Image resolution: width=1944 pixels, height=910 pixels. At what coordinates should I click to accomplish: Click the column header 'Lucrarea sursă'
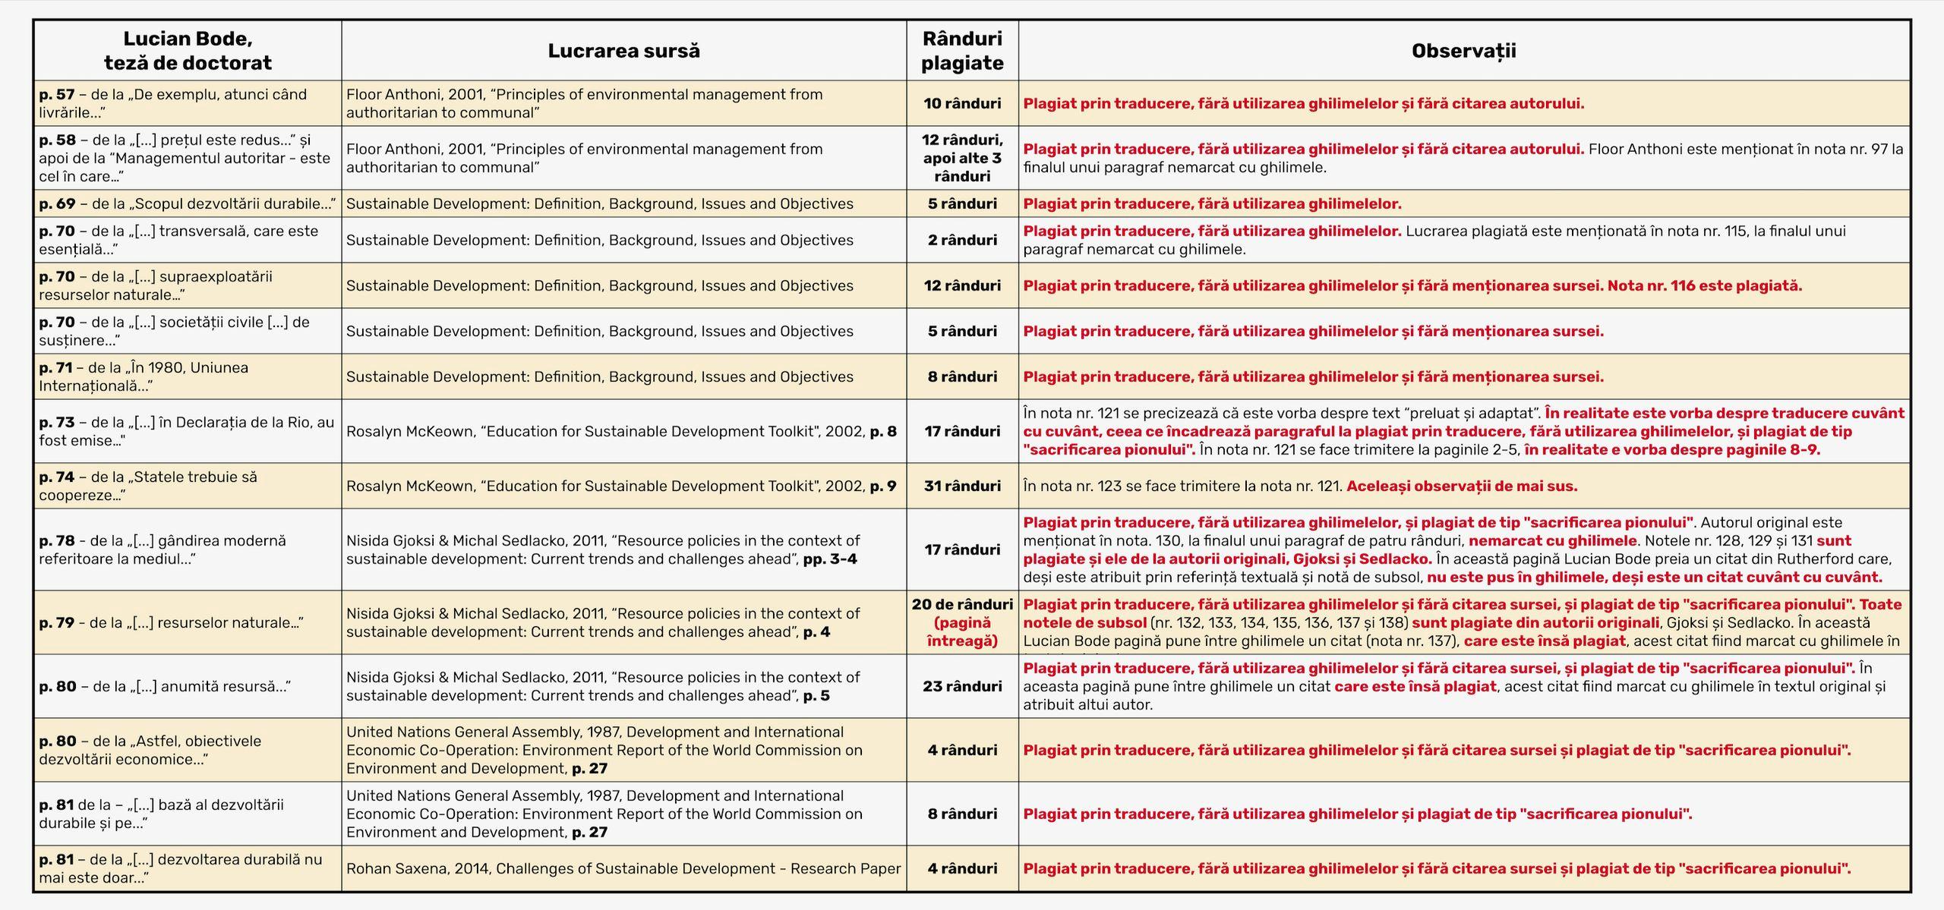[x=623, y=51]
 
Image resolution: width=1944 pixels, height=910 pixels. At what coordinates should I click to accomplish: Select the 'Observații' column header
[x=1463, y=51]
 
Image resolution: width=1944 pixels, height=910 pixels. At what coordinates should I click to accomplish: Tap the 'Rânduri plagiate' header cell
[x=962, y=51]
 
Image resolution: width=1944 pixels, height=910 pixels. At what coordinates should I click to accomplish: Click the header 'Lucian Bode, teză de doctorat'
[x=188, y=51]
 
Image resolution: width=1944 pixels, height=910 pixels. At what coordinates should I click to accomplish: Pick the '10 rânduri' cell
[x=962, y=103]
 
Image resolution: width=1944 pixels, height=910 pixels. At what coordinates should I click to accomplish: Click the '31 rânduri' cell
[x=962, y=486]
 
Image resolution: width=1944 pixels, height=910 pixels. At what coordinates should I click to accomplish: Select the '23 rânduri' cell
[x=962, y=686]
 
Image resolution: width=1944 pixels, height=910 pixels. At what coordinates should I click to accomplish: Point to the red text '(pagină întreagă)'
[x=962, y=631]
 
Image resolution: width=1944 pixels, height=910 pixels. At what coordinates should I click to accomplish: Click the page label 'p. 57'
[x=57, y=95]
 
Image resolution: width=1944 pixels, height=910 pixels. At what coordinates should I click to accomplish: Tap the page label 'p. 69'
[x=57, y=203]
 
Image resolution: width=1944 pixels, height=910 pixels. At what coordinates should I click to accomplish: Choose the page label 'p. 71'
[x=55, y=368]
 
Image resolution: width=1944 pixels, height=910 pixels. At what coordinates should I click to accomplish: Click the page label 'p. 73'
[x=57, y=423]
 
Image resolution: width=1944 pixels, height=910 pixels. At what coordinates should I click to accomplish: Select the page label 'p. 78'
[x=57, y=541]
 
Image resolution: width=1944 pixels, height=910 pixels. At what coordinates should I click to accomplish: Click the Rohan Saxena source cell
[x=623, y=868]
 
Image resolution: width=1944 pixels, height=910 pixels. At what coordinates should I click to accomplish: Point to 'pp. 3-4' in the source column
[x=830, y=559]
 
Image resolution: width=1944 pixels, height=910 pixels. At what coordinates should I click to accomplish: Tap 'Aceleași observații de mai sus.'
[x=1462, y=486]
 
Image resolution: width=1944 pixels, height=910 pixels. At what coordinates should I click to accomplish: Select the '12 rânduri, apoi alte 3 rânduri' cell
[x=962, y=158]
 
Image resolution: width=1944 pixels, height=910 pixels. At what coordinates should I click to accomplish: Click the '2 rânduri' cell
[x=962, y=240]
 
